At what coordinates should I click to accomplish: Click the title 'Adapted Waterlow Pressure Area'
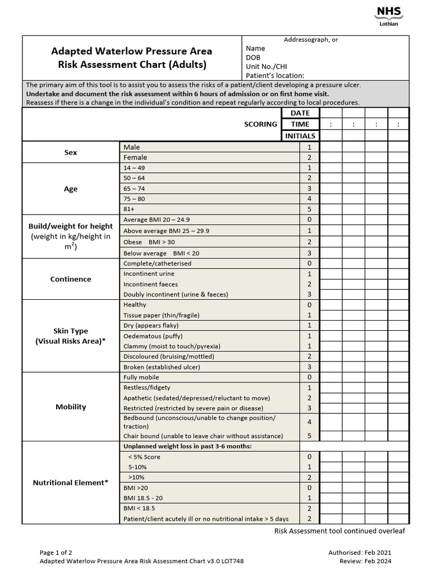click(x=132, y=51)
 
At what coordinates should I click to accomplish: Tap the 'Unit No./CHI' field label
click(x=265, y=66)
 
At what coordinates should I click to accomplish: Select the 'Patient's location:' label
click(x=275, y=75)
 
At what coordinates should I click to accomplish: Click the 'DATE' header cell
click(x=300, y=113)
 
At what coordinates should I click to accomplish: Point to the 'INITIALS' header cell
click(x=300, y=136)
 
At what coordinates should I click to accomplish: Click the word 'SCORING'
click(x=260, y=124)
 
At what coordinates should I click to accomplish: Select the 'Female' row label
click(x=135, y=158)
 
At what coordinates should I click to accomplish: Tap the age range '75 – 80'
click(x=134, y=199)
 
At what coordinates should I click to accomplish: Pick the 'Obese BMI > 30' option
click(x=147, y=241)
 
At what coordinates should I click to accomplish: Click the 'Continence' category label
click(x=71, y=279)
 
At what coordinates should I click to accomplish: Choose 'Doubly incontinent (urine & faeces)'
click(x=176, y=294)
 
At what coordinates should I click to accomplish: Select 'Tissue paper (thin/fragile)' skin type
click(x=161, y=315)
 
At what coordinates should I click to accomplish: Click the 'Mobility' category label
click(x=71, y=407)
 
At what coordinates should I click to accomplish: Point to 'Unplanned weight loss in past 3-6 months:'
click(x=187, y=446)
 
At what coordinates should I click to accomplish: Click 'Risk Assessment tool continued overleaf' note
click(x=340, y=531)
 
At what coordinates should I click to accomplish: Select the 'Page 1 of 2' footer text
click(x=56, y=553)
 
